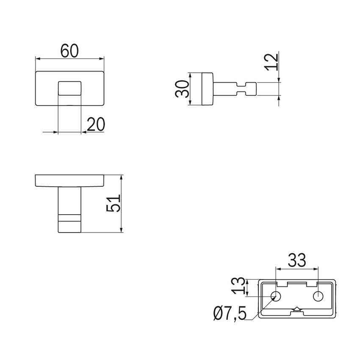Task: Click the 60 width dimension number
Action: [69, 51]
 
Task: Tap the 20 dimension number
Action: [96, 124]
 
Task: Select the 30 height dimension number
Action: [182, 89]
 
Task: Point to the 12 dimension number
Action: [271, 62]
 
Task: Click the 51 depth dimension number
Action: [114, 203]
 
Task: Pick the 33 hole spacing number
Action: [297, 260]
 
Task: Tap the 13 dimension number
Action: [238, 285]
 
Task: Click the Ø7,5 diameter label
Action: [230, 313]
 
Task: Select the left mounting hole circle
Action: [276, 296]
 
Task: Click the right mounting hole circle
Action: [318, 296]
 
